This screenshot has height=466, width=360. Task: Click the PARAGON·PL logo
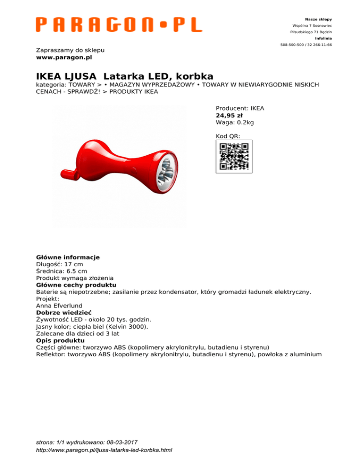tap(119, 25)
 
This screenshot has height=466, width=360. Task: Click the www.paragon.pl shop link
tap(64, 57)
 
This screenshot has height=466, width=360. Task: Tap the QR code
tap(234, 157)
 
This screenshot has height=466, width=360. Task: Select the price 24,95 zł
tap(229, 115)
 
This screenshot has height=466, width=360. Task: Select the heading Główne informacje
tap(68, 257)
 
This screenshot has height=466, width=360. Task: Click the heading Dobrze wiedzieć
tap(64, 312)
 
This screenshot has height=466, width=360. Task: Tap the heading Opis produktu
tap(60, 340)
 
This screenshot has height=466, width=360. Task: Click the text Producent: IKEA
tap(240, 108)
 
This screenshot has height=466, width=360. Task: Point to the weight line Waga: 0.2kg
tap(234, 122)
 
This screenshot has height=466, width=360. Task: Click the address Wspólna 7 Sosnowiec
tap(312, 25)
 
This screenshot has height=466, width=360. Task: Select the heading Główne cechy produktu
tap(76, 285)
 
